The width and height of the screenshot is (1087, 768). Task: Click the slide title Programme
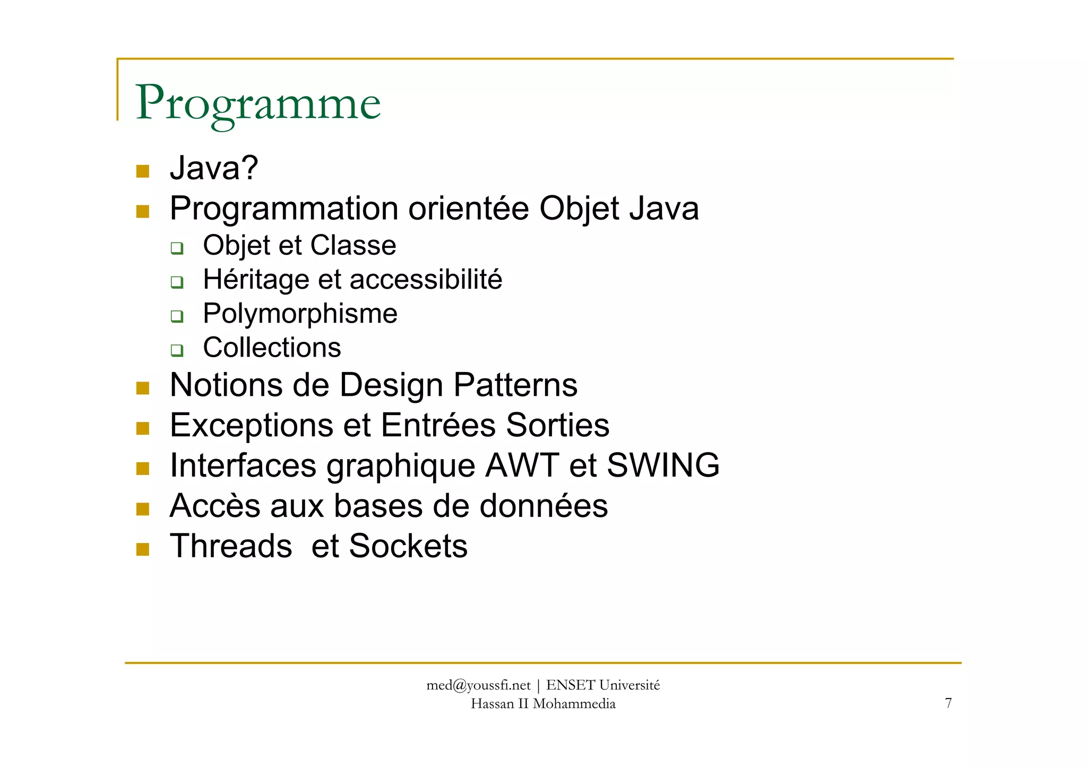click(258, 103)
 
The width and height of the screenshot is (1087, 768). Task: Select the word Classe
click(353, 245)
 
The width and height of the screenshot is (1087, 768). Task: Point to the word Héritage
click(256, 280)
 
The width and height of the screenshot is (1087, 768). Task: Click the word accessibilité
click(426, 279)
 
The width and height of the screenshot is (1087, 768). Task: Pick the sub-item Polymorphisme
click(300, 314)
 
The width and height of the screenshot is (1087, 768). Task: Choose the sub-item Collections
click(272, 348)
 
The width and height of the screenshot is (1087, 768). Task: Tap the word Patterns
click(515, 385)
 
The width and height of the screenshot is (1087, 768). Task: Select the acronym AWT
click(522, 465)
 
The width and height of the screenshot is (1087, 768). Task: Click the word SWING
click(663, 465)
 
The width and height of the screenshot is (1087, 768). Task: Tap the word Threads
click(231, 546)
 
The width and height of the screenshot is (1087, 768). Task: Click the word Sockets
click(408, 546)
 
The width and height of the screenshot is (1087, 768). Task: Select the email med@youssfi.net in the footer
click(478, 686)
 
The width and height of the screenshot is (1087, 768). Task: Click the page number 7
click(948, 703)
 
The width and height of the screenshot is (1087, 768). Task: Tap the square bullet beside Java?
click(143, 171)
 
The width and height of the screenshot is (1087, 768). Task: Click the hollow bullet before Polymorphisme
click(177, 316)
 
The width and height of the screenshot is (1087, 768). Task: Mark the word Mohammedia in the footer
click(574, 704)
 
